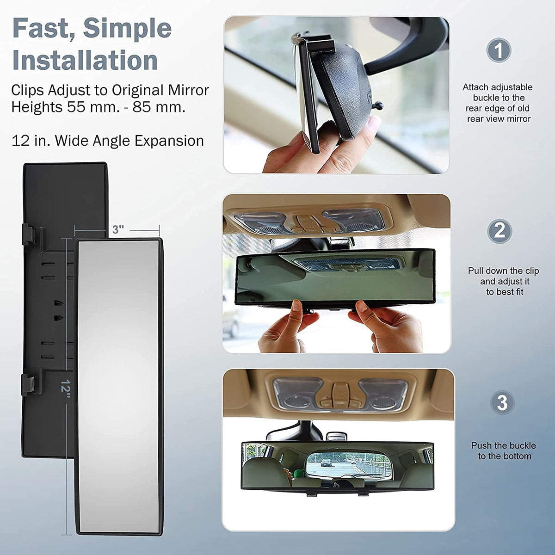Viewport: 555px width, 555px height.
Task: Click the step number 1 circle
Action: tap(498, 50)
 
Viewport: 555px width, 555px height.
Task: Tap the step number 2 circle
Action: tap(499, 231)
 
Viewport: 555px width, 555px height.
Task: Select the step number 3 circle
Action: tap(502, 402)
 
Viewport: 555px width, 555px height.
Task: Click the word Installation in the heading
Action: tap(85, 60)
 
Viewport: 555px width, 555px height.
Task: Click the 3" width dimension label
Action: tap(118, 229)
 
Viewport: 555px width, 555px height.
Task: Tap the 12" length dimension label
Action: tap(66, 389)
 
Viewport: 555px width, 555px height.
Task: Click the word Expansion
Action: tap(169, 142)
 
